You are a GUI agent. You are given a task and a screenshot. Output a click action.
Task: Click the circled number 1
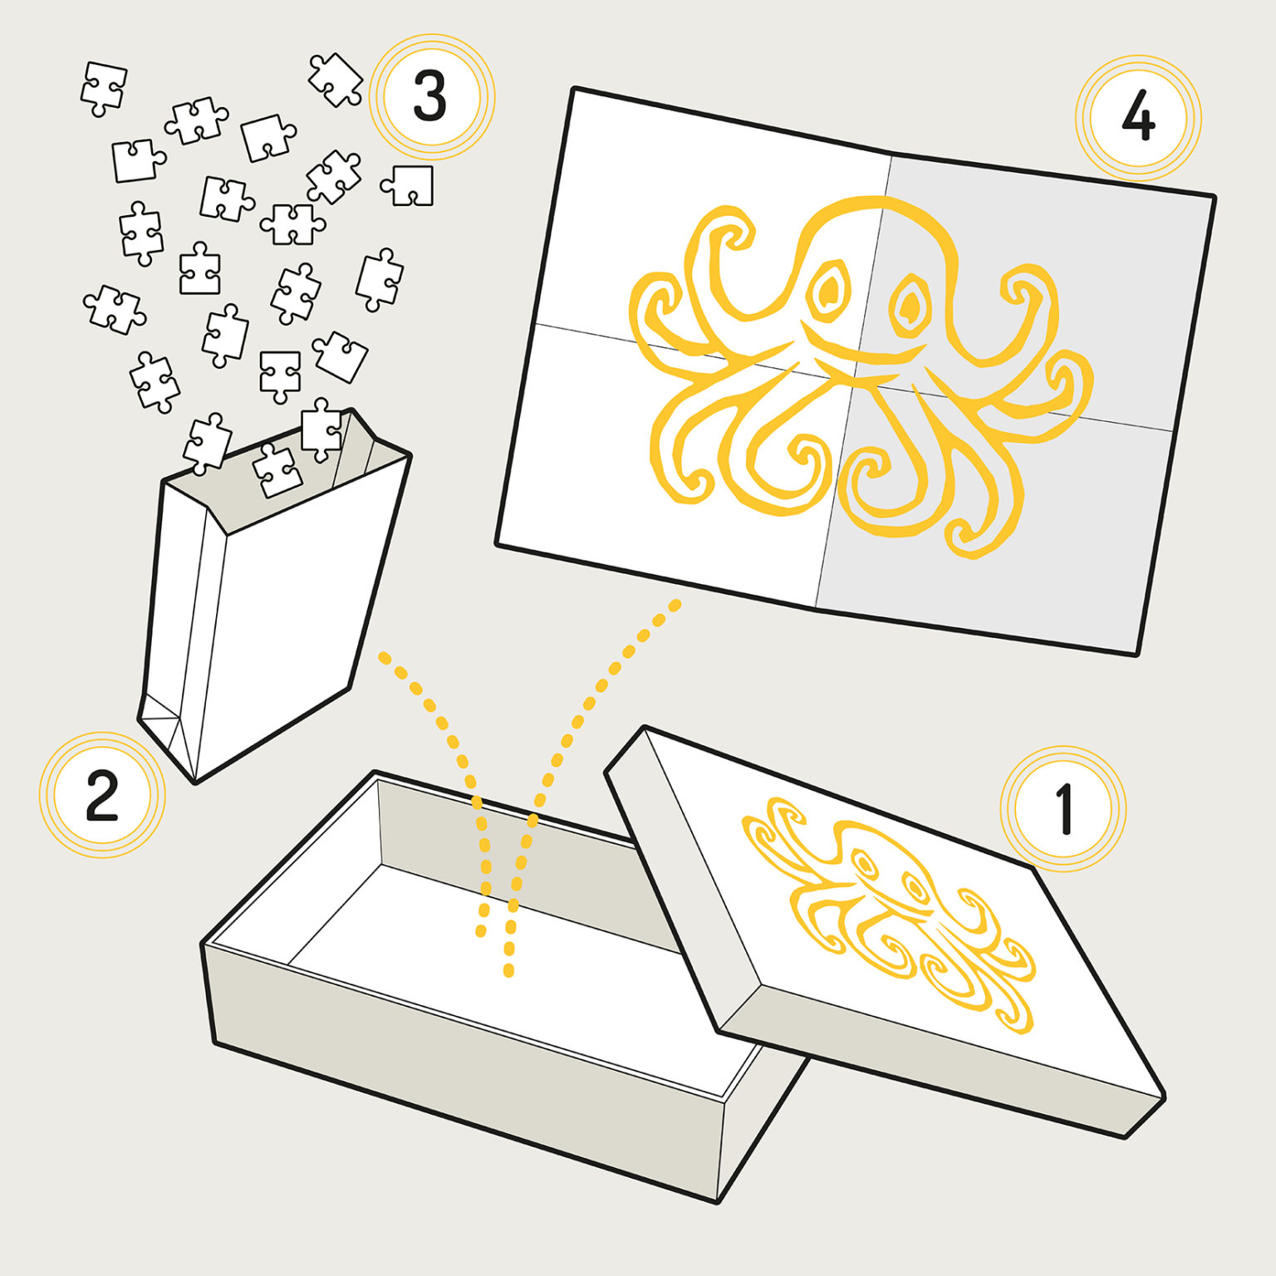point(1063,808)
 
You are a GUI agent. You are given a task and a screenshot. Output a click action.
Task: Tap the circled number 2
point(102,795)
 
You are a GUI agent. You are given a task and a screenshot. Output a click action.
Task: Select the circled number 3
point(431,96)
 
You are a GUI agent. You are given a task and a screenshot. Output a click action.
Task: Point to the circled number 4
point(1138,118)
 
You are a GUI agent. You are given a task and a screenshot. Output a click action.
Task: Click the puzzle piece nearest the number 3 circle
point(336,80)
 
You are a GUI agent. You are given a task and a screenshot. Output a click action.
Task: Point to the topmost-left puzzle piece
point(104,88)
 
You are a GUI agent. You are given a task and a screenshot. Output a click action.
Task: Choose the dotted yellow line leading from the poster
point(573,748)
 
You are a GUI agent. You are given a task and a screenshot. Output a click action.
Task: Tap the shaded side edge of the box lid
point(939,1055)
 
